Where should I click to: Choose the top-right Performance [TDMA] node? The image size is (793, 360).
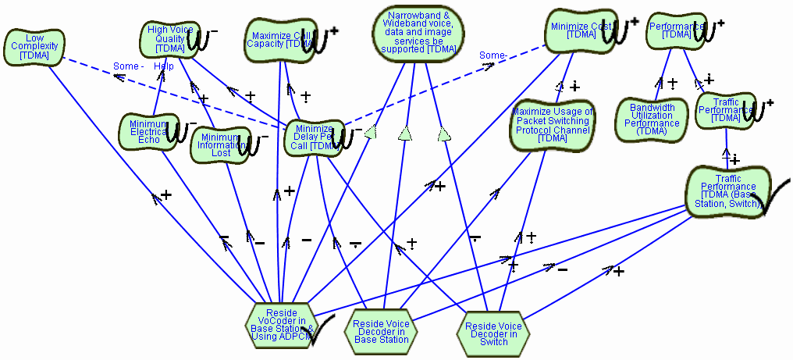672,30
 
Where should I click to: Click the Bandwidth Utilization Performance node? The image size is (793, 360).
651,119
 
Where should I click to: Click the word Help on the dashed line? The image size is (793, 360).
164,66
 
